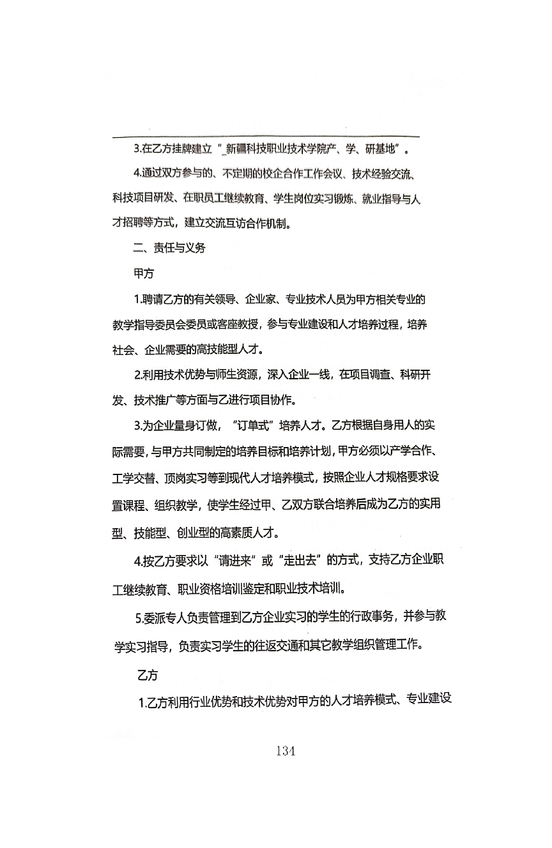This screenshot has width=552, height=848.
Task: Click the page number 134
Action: click(x=286, y=751)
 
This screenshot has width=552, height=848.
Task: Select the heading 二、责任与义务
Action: click(x=169, y=249)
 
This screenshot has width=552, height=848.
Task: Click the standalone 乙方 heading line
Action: click(x=148, y=674)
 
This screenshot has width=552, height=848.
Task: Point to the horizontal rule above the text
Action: click(x=266, y=137)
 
